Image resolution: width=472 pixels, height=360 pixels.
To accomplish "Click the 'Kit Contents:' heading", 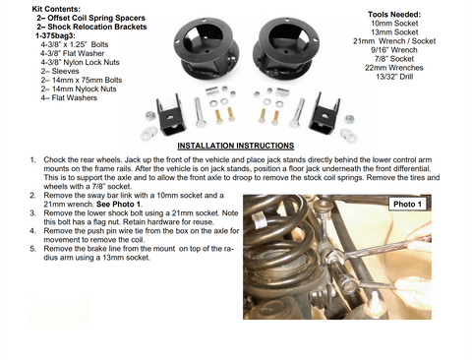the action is [56, 9].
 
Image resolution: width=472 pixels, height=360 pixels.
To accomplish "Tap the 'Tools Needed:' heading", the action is [394, 15].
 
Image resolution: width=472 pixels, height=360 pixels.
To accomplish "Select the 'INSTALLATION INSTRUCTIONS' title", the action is [236, 146].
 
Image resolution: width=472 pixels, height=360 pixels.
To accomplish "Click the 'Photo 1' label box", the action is [407, 204].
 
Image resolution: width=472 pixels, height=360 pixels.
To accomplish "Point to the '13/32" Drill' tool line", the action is [394, 77].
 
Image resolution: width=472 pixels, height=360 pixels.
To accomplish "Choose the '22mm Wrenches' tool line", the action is [394, 68].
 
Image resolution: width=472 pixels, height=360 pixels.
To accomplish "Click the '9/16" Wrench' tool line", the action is [394, 50].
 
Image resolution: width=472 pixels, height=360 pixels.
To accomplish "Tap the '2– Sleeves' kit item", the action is [60, 71].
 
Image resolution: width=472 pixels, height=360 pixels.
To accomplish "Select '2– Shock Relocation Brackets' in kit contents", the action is [91, 27].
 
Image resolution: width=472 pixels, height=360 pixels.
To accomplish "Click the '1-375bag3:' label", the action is [55, 35].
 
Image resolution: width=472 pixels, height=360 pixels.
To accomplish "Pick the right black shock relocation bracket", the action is [324, 114].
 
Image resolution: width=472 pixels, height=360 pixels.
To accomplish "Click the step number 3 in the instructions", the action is [32, 213].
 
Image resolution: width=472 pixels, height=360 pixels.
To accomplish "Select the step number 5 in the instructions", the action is [32, 249].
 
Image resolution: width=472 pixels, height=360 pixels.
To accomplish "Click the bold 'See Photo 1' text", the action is [118, 205].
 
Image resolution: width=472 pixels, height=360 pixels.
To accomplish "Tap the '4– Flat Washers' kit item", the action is [69, 97].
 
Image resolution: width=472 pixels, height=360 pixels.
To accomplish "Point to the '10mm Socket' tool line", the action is [394, 24].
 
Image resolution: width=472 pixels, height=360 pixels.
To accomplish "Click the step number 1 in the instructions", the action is [32, 160].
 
